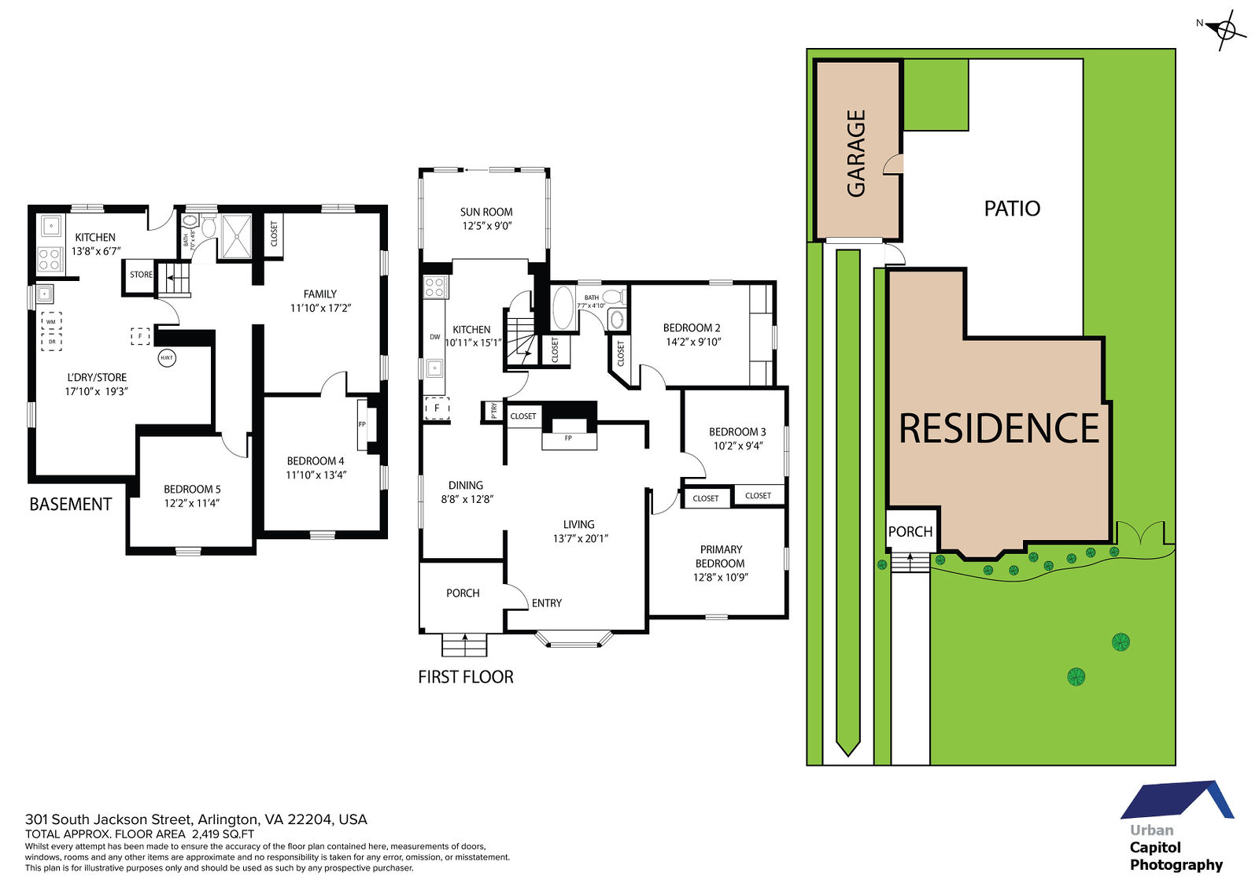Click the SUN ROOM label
[x=486, y=212]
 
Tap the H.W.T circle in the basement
[x=167, y=357]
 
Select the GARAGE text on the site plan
[x=856, y=153]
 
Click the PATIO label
[x=1012, y=209]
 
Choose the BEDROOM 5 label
[x=192, y=489]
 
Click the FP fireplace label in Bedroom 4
[x=362, y=424]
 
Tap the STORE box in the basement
[x=141, y=275]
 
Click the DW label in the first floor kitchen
[x=435, y=337]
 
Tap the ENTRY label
[x=547, y=603]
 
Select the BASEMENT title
[x=71, y=505]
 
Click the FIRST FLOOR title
[x=466, y=677]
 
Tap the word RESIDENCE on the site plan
[x=999, y=428]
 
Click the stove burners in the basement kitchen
[x=50, y=261]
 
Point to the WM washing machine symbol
[x=51, y=322]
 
